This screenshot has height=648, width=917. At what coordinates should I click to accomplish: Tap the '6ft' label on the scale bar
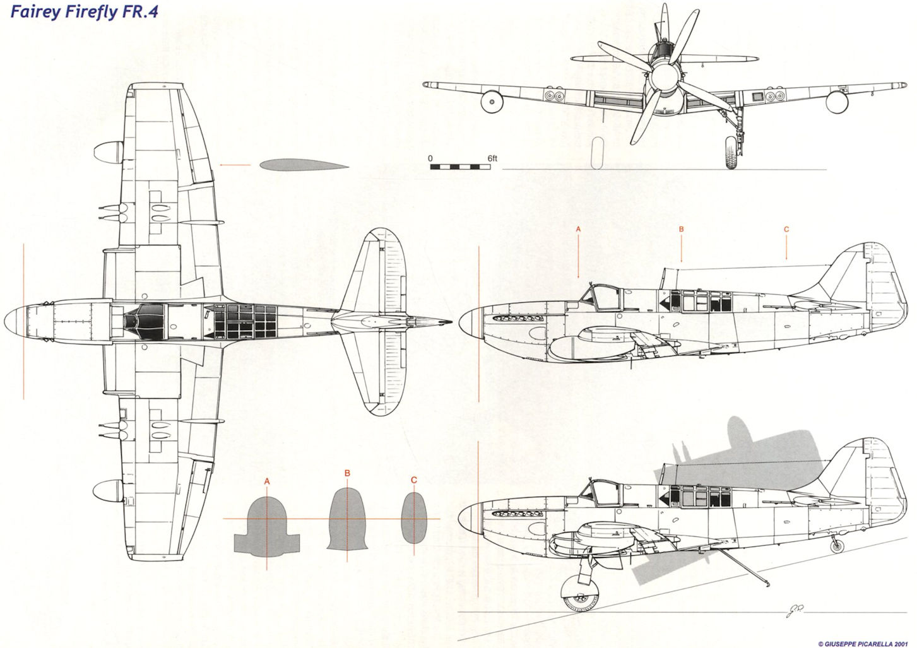492,158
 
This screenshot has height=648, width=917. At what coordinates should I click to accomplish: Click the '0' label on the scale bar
430,158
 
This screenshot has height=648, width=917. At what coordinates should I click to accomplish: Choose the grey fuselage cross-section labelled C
413,518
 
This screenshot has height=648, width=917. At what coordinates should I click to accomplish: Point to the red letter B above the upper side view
682,229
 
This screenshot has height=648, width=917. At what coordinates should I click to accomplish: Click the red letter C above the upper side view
786,229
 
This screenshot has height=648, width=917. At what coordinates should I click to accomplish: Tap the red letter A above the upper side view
578,229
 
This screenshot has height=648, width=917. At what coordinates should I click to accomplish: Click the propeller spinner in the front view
664,77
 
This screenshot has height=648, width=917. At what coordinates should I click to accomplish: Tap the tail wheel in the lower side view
837,546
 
